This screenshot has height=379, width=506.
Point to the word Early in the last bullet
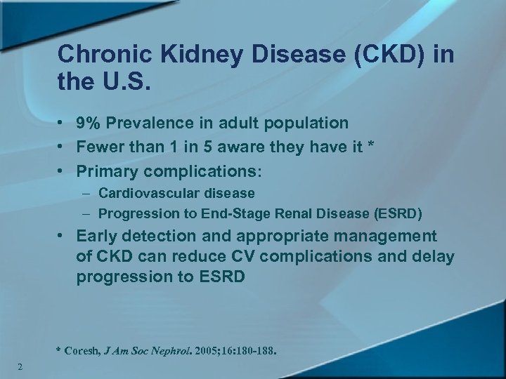pyautogui.click(x=98, y=237)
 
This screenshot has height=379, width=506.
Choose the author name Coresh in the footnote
pyautogui.click(x=82, y=348)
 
